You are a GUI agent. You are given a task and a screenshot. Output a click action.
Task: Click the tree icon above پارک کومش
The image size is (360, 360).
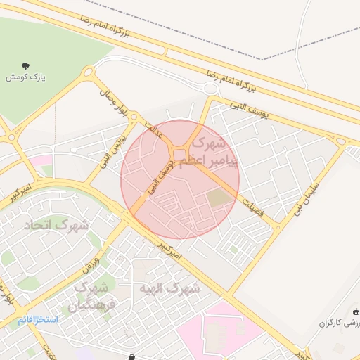26,66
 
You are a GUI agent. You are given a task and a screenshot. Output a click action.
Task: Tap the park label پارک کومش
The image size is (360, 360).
26,77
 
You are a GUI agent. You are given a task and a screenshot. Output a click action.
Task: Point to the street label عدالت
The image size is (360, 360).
153,130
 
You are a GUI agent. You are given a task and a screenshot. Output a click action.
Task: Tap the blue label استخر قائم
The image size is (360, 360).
38,320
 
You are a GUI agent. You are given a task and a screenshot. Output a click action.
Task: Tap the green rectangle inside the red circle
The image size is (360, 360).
218,198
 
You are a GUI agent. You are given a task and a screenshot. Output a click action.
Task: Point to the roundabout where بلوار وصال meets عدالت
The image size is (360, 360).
136,118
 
